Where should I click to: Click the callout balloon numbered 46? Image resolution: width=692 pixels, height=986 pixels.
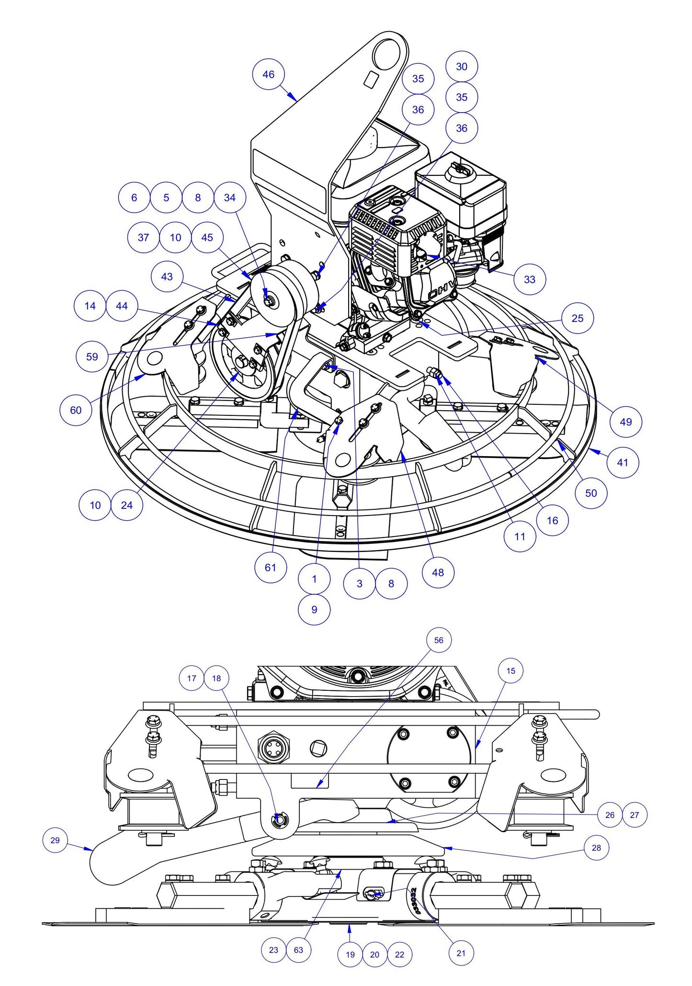[269, 74]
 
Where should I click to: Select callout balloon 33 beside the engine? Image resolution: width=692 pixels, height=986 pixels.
[529, 279]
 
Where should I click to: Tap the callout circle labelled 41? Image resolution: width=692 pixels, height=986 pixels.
[623, 462]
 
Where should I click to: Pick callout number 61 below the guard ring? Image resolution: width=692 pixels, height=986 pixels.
[271, 567]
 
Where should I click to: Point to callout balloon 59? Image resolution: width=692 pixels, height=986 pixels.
[92, 356]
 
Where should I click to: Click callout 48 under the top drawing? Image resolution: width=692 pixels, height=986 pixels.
[438, 572]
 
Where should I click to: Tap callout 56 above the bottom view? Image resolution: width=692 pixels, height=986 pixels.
[439, 640]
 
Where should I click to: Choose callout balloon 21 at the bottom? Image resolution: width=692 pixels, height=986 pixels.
[461, 953]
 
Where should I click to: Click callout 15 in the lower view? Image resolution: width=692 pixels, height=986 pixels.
[510, 671]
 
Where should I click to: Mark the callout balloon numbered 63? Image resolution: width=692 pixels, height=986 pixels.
[298, 950]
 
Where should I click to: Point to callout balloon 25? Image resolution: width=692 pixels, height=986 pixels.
[578, 318]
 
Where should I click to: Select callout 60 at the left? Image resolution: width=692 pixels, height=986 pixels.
[76, 410]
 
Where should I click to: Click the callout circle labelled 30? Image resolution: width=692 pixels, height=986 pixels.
[461, 67]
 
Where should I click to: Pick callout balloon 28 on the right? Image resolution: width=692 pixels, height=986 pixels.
[596, 848]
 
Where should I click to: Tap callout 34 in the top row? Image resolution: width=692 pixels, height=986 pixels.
[230, 197]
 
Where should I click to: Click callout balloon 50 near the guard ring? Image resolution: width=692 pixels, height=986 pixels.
[591, 493]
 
